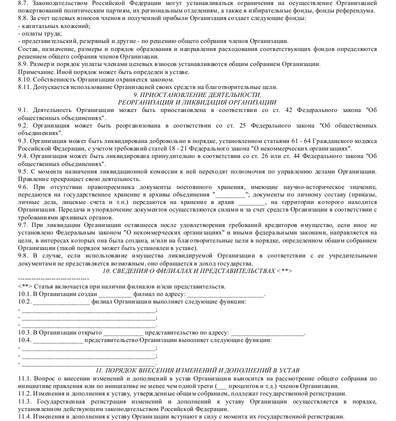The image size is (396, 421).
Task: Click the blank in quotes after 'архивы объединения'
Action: point(229,194)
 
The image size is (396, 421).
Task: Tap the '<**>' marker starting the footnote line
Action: point(24,286)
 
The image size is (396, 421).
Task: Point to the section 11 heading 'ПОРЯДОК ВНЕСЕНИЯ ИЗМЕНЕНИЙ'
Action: point(197,370)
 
